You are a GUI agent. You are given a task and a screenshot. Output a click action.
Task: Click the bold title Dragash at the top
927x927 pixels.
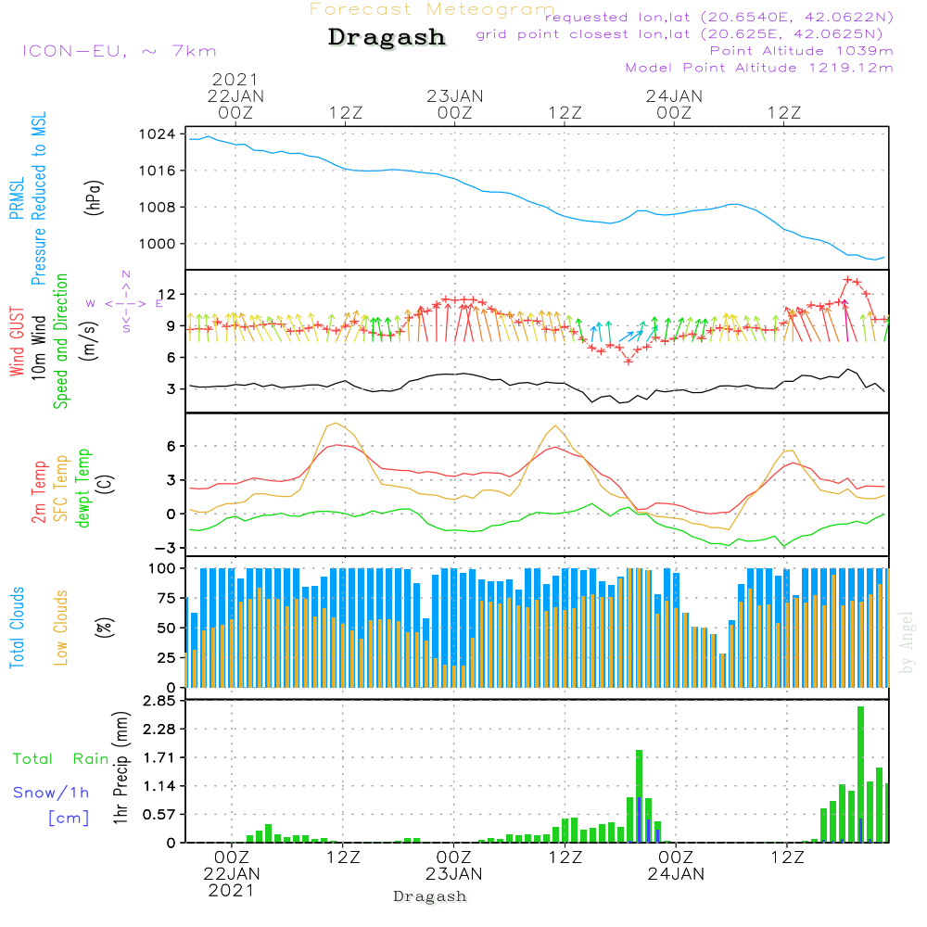point(387,37)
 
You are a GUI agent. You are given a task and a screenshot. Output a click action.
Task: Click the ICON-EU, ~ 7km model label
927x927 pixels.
point(118,51)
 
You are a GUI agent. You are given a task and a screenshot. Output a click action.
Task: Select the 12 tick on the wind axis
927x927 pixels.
point(167,295)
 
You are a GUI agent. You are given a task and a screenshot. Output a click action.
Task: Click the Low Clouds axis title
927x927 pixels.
point(62,628)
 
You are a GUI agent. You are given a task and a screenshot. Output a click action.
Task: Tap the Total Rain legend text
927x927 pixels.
point(60,759)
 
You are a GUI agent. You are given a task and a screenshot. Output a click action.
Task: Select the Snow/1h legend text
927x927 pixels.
point(51,793)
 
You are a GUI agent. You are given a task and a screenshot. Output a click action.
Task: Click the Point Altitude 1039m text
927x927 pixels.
point(801,51)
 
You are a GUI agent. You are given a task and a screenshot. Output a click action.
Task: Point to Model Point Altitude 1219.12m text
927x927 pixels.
point(759,68)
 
